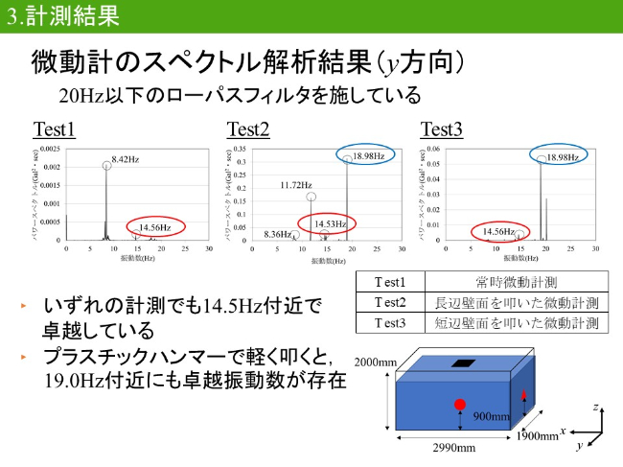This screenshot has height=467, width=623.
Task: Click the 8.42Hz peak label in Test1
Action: click(127, 158)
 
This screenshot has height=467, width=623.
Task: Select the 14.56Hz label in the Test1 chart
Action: click(155, 227)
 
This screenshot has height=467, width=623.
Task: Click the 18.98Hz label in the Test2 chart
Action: click(367, 156)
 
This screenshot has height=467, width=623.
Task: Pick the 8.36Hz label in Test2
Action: click(277, 234)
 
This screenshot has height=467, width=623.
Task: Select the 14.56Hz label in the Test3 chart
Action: click(498, 232)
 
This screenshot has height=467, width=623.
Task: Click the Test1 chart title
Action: click(55, 129)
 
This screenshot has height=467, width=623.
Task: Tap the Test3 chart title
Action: click(442, 129)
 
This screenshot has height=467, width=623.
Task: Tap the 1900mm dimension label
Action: click(538, 436)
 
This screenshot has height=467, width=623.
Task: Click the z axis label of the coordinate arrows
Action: click(597, 408)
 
